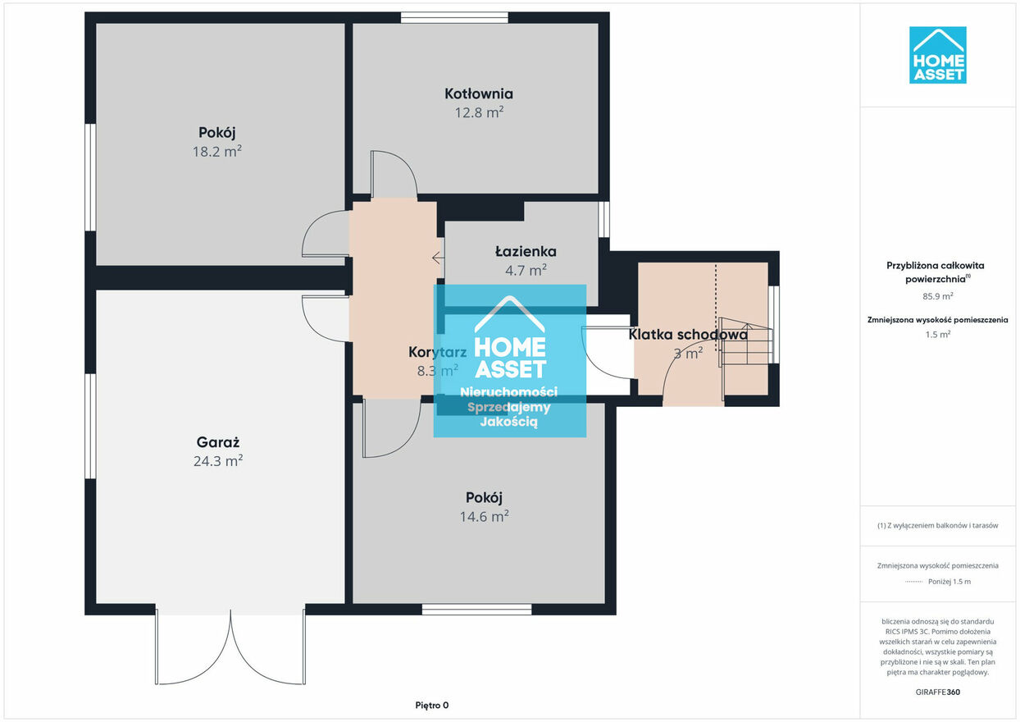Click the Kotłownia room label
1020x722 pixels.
[479, 94]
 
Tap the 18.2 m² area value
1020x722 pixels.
[216, 151]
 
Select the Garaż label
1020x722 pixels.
[217, 442]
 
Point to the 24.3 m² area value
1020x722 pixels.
[217, 461]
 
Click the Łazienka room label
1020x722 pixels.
[526, 251]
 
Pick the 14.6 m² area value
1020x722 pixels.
[484, 517]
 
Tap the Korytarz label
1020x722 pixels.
[438, 352]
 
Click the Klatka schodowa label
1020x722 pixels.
[688, 335]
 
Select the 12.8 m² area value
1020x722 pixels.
[479, 112]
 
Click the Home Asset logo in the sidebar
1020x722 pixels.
[937, 55]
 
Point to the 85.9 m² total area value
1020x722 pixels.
[937, 296]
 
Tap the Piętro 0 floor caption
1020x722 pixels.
[431, 705]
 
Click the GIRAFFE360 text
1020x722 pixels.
[937, 692]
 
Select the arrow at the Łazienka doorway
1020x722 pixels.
[438, 258]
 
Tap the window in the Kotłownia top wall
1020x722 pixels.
[454, 18]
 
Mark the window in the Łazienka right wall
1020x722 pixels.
[603, 219]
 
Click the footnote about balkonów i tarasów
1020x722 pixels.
[937, 525]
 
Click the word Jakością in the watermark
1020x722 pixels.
[509, 422]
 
